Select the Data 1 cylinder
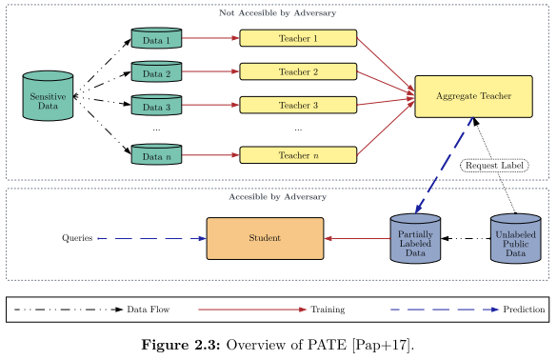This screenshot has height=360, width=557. click(156, 39)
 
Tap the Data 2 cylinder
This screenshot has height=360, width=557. click(156, 72)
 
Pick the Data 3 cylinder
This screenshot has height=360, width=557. click(156, 105)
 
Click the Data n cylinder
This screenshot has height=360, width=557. click(156, 155)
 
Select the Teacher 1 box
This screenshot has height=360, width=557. click(298, 38)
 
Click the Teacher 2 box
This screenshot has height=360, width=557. click(298, 71)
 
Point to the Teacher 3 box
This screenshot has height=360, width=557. click(298, 104)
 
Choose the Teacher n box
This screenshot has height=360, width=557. click(298, 155)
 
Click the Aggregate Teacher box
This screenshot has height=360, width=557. click(473, 95)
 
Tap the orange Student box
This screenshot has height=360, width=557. click(265, 238)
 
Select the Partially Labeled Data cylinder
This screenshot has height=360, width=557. click(415, 239)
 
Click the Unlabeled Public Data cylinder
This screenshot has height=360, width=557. click(515, 239)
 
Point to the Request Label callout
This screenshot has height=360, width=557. click(494, 166)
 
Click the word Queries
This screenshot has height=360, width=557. click(77, 238)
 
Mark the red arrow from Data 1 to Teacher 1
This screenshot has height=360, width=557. click(210, 39)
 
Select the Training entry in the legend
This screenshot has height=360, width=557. click(327, 310)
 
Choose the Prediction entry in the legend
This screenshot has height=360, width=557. click(524, 310)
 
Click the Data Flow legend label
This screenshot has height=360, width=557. click(149, 310)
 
